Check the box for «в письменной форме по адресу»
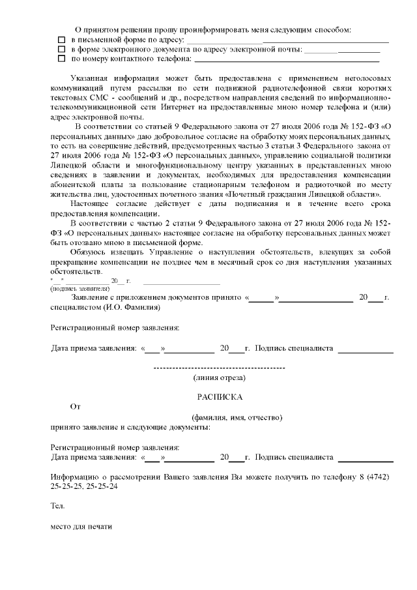pyautogui.click(x=61, y=40)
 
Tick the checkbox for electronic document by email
pyautogui.click(x=61, y=50)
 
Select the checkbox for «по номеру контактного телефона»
pyautogui.click(x=61, y=59)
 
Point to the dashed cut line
pyautogui.click(x=219, y=368)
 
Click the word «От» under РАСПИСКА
pyautogui.click(x=75, y=406)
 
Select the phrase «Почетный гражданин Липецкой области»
pyautogui.click(x=305, y=195)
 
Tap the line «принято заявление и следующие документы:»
pyautogui.click(x=130, y=427)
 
